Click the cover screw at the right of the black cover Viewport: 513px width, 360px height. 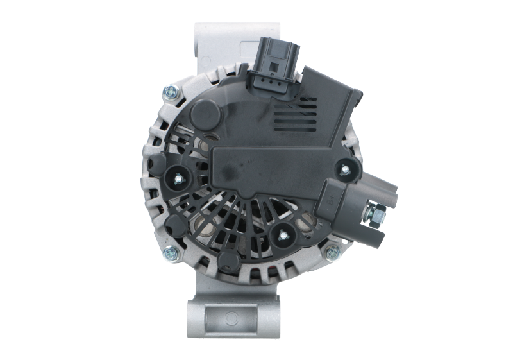point(345,169)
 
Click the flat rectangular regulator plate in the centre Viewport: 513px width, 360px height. point(263,167)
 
